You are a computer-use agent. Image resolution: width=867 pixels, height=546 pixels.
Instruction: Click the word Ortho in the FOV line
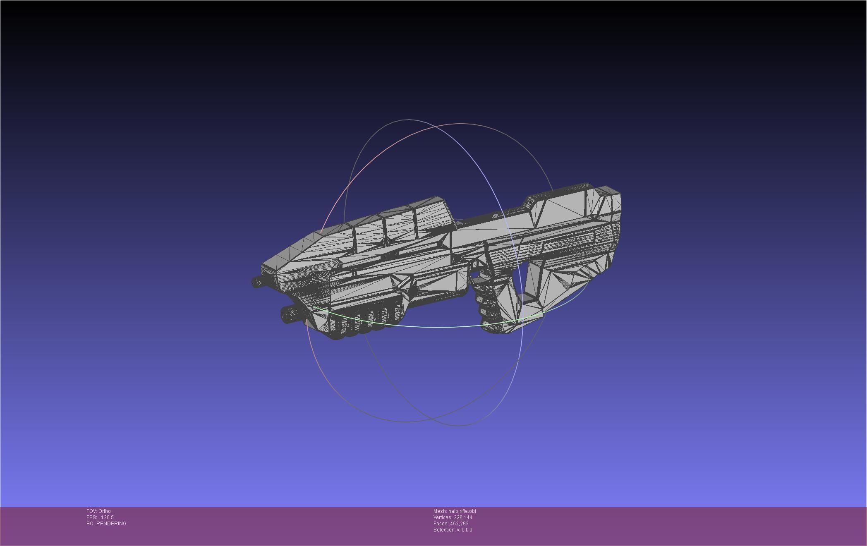click(105, 511)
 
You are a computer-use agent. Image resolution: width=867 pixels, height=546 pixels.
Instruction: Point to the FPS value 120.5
click(107, 517)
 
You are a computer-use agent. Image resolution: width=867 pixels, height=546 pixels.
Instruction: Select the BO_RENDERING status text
click(106, 524)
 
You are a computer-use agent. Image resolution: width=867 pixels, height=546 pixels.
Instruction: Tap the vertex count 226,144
click(463, 517)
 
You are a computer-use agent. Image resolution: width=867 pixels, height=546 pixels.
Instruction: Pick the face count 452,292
click(459, 524)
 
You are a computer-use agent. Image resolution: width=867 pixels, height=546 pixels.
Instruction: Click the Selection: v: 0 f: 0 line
click(453, 530)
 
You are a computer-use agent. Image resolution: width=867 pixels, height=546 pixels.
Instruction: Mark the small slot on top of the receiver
click(495, 216)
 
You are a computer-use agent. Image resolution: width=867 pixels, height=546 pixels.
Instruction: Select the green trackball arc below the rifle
click(414, 326)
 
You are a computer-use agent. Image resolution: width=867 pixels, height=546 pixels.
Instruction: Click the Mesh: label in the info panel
click(440, 511)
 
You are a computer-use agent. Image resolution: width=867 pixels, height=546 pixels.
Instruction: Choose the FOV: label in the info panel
click(92, 511)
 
